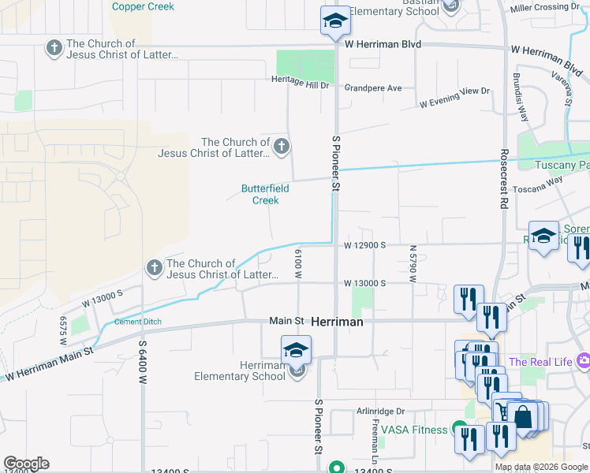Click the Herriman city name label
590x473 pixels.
coord(337,322)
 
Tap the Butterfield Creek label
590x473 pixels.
coord(265,195)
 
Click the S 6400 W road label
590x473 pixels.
coord(144,360)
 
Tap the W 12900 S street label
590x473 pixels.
coord(364,245)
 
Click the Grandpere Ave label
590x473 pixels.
coord(373,88)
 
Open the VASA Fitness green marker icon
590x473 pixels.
coord(460,430)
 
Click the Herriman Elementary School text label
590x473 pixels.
coord(240,371)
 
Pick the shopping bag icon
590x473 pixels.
coord(523,415)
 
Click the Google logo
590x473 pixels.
coord(26,464)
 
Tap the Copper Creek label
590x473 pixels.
coord(143,6)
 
